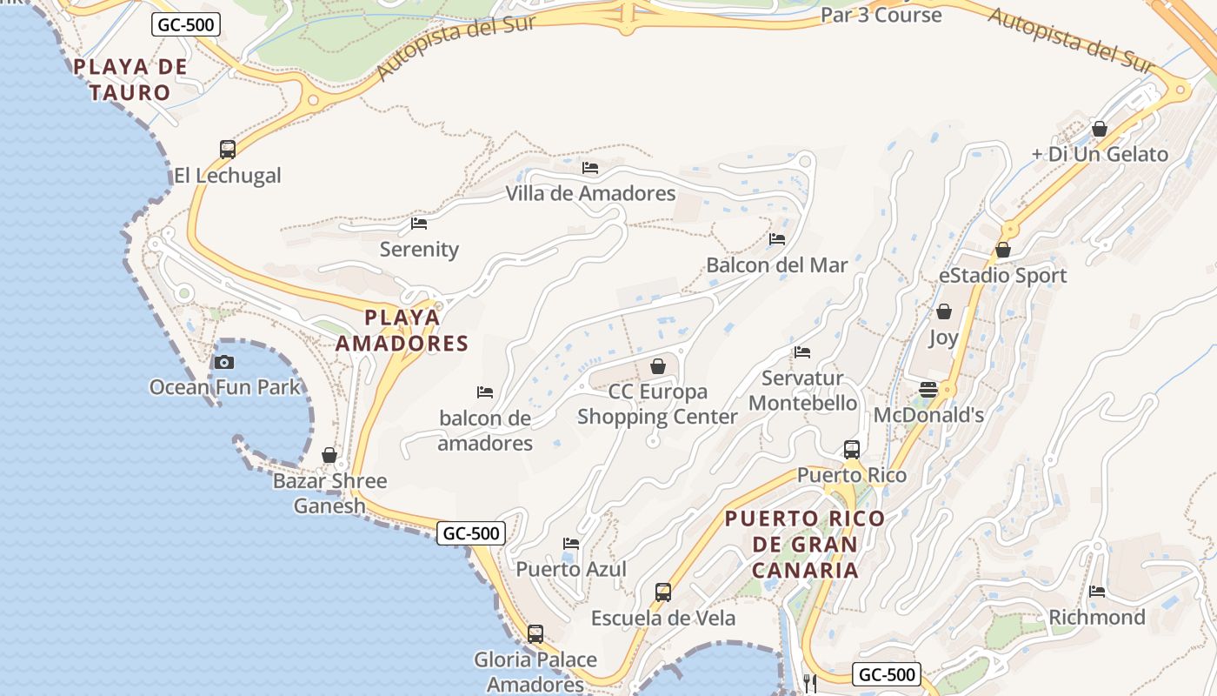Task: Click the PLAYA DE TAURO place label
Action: pyautogui.click(x=130, y=79)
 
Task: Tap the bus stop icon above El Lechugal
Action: pyautogui.click(x=228, y=149)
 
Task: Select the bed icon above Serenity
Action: pyautogui.click(x=419, y=224)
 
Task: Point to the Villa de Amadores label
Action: pyautogui.click(x=590, y=193)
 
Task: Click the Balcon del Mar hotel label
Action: pyautogui.click(x=776, y=264)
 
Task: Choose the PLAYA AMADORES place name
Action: pyautogui.click(x=402, y=330)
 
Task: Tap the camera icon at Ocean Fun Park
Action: pyautogui.click(x=224, y=362)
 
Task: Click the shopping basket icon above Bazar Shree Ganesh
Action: pyautogui.click(x=329, y=455)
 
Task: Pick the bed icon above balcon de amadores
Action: pyautogui.click(x=485, y=392)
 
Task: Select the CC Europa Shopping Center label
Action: pyautogui.click(x=657, y=404)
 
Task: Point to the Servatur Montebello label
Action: pyautogui.click(x=802, y=391)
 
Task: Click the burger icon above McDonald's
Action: pyautogui.click(x=928, y=389)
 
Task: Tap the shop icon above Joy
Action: pyautogui.click(x=944, y=311)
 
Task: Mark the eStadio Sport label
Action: pyautogui.click(x=1002, y=276)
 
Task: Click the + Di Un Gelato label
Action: pyautogui.click(x=1099, y=154)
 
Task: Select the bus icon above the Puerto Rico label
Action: pyautogui.click(x=852, y=450)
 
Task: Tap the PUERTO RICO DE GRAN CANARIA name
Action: pyautogui.click(x=805, y=544)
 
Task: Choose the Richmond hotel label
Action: pyautogui.click(x=1097, y=617)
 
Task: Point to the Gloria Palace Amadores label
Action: pyautogui.click(x=535, y=672)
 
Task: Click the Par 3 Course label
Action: pyautogui.click(x=881, y=15)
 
